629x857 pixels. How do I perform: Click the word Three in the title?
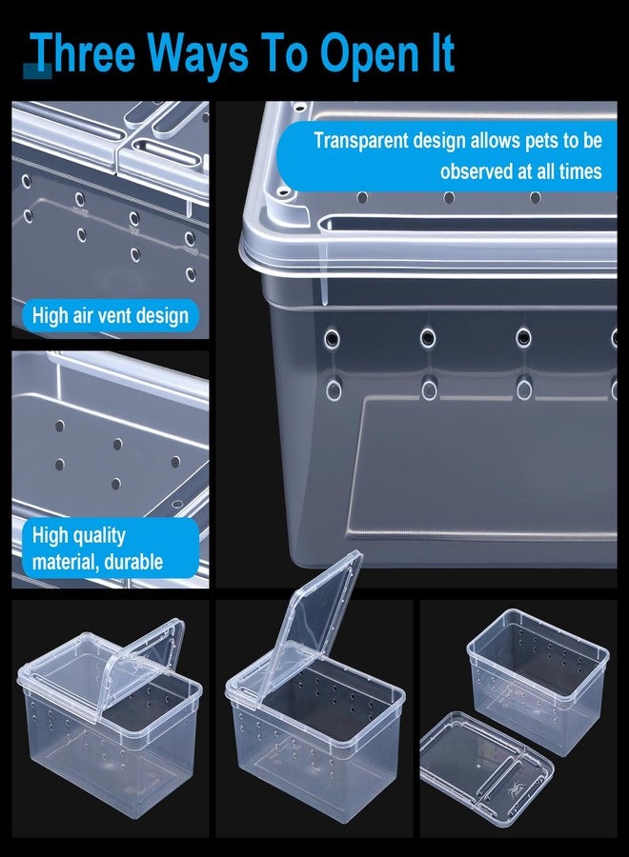84,53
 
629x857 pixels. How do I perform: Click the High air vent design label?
111,315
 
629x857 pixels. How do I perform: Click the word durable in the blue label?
133,562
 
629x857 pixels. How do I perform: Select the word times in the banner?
580,171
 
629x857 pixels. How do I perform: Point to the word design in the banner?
439,141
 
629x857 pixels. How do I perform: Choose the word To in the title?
283,53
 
